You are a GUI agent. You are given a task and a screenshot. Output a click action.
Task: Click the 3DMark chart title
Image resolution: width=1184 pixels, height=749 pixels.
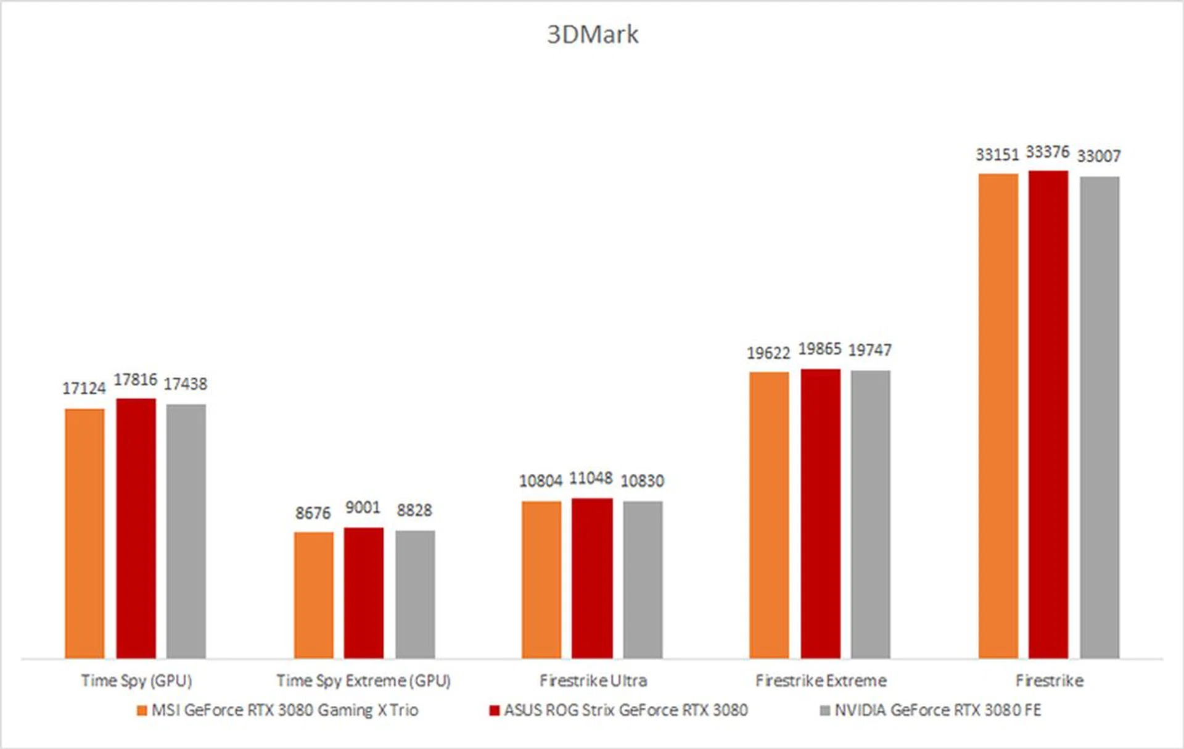coord(592,35)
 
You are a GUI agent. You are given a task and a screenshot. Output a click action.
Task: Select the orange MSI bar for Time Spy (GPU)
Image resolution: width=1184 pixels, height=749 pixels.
coord(84,534)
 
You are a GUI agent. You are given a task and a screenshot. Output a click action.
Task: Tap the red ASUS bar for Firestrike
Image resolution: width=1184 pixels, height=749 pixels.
coord(1048,415)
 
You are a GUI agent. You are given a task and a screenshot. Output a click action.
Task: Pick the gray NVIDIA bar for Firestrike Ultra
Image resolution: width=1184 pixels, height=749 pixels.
coord(643,579)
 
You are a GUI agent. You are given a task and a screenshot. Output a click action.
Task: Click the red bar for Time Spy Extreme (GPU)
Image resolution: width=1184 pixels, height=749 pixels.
coord(363,593)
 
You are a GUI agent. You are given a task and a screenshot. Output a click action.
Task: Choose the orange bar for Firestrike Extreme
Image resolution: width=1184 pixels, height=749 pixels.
coord(769,515)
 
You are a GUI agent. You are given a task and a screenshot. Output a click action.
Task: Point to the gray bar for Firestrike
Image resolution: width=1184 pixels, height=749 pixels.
coord(1099,418)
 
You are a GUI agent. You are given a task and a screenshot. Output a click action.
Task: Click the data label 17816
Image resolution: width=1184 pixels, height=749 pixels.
coord(135,379)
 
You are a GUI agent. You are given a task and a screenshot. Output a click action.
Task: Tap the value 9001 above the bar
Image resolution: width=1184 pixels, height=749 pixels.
coord(363,507)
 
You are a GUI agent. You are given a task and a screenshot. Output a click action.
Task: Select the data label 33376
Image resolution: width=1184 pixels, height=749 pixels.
coord(1047,152)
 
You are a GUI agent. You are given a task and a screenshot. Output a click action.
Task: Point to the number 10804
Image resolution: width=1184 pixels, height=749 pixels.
coord(541,481)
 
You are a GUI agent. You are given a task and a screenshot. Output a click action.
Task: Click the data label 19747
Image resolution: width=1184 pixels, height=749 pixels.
coord(869,350)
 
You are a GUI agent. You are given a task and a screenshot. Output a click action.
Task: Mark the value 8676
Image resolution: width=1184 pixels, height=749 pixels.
coord(313,513)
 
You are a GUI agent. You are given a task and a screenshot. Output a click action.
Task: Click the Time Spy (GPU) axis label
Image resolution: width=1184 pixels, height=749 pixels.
coord(136,681)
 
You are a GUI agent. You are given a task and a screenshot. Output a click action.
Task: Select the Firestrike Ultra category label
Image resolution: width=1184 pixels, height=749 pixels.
coord(593,681)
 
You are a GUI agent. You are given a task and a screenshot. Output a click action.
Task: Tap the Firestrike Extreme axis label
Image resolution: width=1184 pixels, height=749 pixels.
coord(821,681)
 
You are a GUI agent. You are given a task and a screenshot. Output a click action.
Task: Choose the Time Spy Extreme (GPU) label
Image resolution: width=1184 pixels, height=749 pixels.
coord(363,681)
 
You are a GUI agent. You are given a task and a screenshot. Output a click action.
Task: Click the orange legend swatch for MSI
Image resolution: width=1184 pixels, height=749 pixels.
coord(142,711)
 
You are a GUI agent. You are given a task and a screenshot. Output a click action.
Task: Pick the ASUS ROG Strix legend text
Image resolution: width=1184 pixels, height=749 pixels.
coord(625,710)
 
